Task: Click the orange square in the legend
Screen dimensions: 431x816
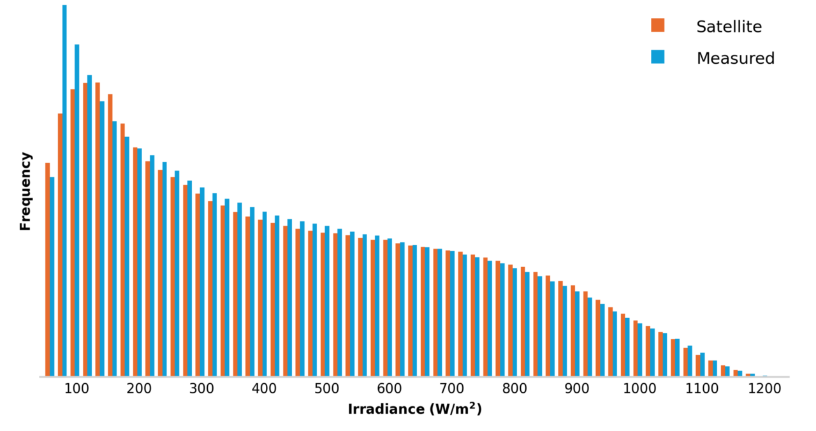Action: pos(657,26)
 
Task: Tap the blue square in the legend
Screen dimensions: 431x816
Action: pos(657,57)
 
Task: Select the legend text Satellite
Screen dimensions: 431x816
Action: pos(729,27)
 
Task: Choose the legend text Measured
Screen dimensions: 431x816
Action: pos(735,59)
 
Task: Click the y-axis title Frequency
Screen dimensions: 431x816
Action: pos(25,191)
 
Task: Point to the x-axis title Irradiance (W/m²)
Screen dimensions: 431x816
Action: pos(414,409)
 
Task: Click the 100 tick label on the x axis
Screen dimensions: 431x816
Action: pos(76,389)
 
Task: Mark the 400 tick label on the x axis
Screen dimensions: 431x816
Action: pos(264,389)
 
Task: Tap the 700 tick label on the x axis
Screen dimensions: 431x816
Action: pos(451,389)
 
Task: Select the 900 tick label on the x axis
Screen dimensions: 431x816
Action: pos(576,389)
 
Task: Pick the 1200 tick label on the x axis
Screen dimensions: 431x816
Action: pos(764,389)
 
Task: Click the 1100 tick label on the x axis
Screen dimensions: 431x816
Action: pos(702,389)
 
